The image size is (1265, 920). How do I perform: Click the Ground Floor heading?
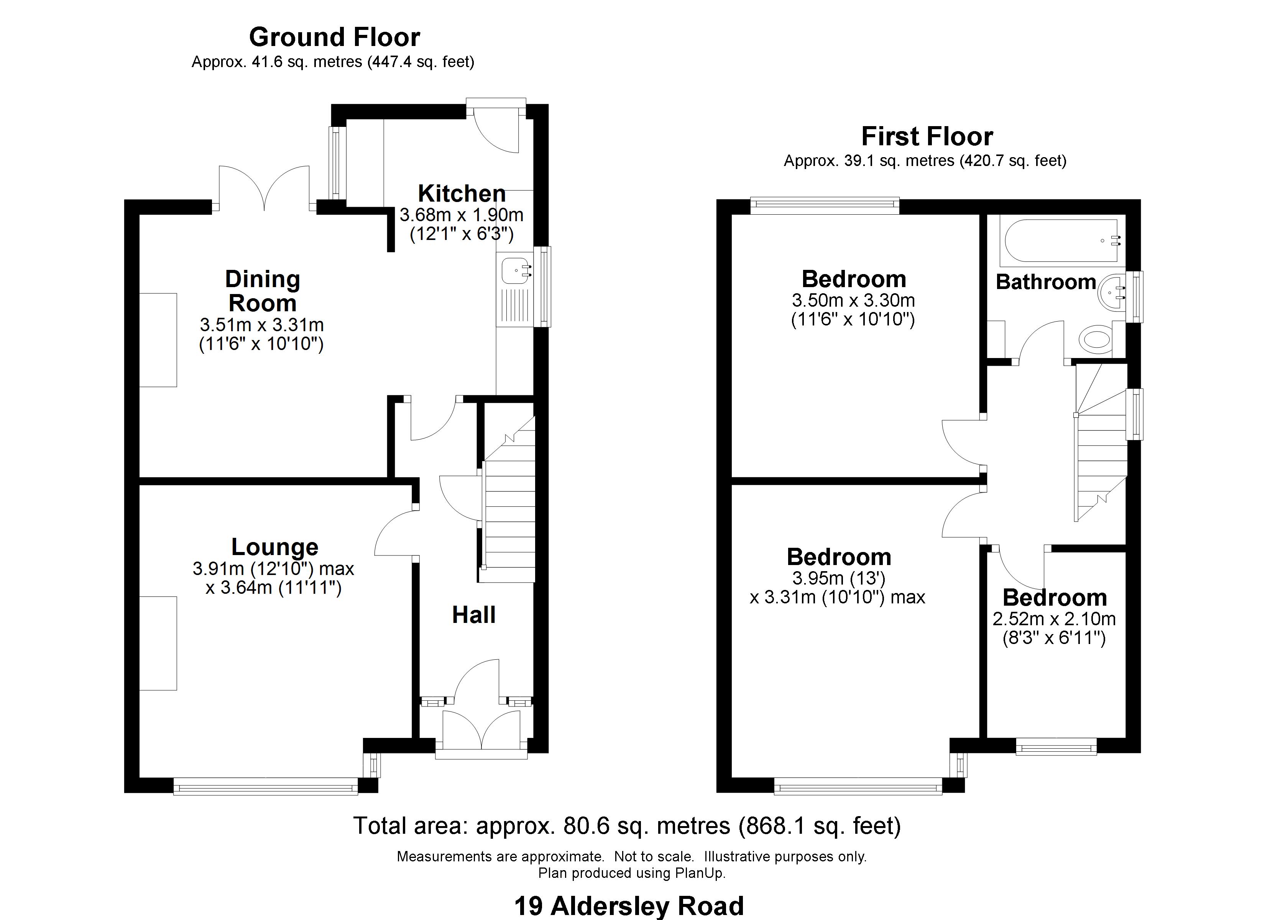coord(334,38)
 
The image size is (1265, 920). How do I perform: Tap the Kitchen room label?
coord(462,194)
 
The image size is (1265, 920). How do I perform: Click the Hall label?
coord(473,615)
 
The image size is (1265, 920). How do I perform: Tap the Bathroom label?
coord(1046,282)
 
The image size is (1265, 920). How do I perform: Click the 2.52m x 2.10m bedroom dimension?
coord(1054,619)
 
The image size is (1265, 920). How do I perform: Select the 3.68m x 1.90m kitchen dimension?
coord(461,214)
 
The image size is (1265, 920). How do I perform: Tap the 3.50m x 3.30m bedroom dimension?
coord(853,301)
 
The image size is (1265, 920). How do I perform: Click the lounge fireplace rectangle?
coord(158,643)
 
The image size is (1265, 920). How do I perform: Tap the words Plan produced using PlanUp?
coord(632,873)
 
